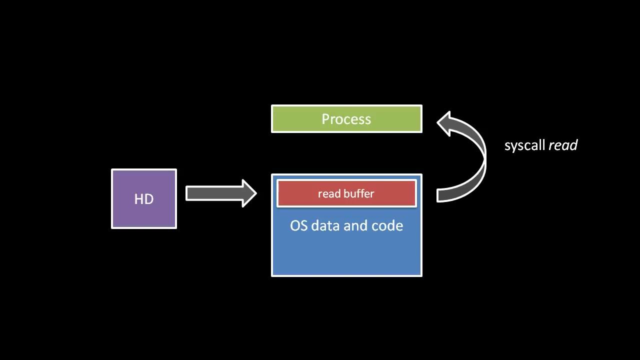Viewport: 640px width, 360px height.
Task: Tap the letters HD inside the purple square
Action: click(x=144, y=199)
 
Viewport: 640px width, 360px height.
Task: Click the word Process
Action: click(x=346, y=119)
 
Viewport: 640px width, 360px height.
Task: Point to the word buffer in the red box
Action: click(x=359, y=193)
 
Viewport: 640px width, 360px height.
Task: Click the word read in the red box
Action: click(x=329, y=193)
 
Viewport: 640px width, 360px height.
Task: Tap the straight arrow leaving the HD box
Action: click(x=220, y=193)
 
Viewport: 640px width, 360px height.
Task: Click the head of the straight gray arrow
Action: click(x=249, y=193)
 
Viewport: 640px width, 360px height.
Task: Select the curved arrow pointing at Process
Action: click(x=477, y=160)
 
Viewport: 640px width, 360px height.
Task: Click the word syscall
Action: click(x=524, y=145)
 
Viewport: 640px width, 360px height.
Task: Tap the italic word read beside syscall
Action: click(x=563, y=145)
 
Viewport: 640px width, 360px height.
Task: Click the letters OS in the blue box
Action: click(x=298, y=225)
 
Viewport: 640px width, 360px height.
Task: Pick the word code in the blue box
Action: click(x=387, y=225)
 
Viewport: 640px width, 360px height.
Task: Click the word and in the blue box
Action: click(x=355, y=225)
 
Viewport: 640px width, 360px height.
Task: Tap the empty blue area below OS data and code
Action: click(x=346, y=255)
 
